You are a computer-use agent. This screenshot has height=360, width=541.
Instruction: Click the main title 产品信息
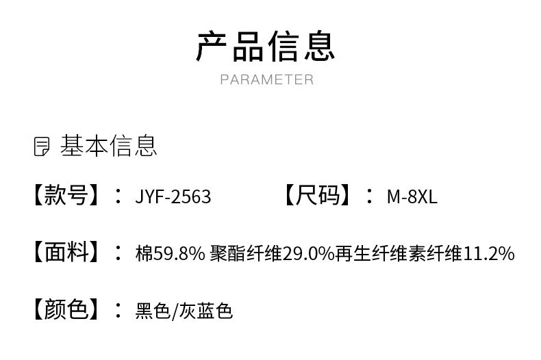[266, 46]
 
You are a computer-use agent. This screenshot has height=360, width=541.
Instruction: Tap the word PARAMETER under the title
[266, 79]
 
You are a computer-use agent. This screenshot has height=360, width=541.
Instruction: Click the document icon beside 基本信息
[42, 146]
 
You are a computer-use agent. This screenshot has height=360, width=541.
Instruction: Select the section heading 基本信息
[109, 146]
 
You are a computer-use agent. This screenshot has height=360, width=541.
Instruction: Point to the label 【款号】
[66, 196]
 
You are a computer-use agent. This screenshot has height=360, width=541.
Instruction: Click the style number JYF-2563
[173, 197]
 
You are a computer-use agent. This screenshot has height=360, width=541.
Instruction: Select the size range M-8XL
[412, 197]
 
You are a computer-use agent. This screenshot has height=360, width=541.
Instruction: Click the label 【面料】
[66, 253]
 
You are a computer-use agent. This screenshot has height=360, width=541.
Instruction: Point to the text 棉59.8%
[171, 254]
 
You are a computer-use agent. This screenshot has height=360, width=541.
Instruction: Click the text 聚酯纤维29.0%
[273, 254]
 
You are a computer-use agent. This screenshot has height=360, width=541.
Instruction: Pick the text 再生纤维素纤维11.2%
[425, 254]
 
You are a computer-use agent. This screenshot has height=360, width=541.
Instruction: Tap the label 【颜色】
[66, 310]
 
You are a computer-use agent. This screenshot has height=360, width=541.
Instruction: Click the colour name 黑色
[152, 311]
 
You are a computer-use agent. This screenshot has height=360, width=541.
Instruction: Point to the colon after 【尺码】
[370, 196]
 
